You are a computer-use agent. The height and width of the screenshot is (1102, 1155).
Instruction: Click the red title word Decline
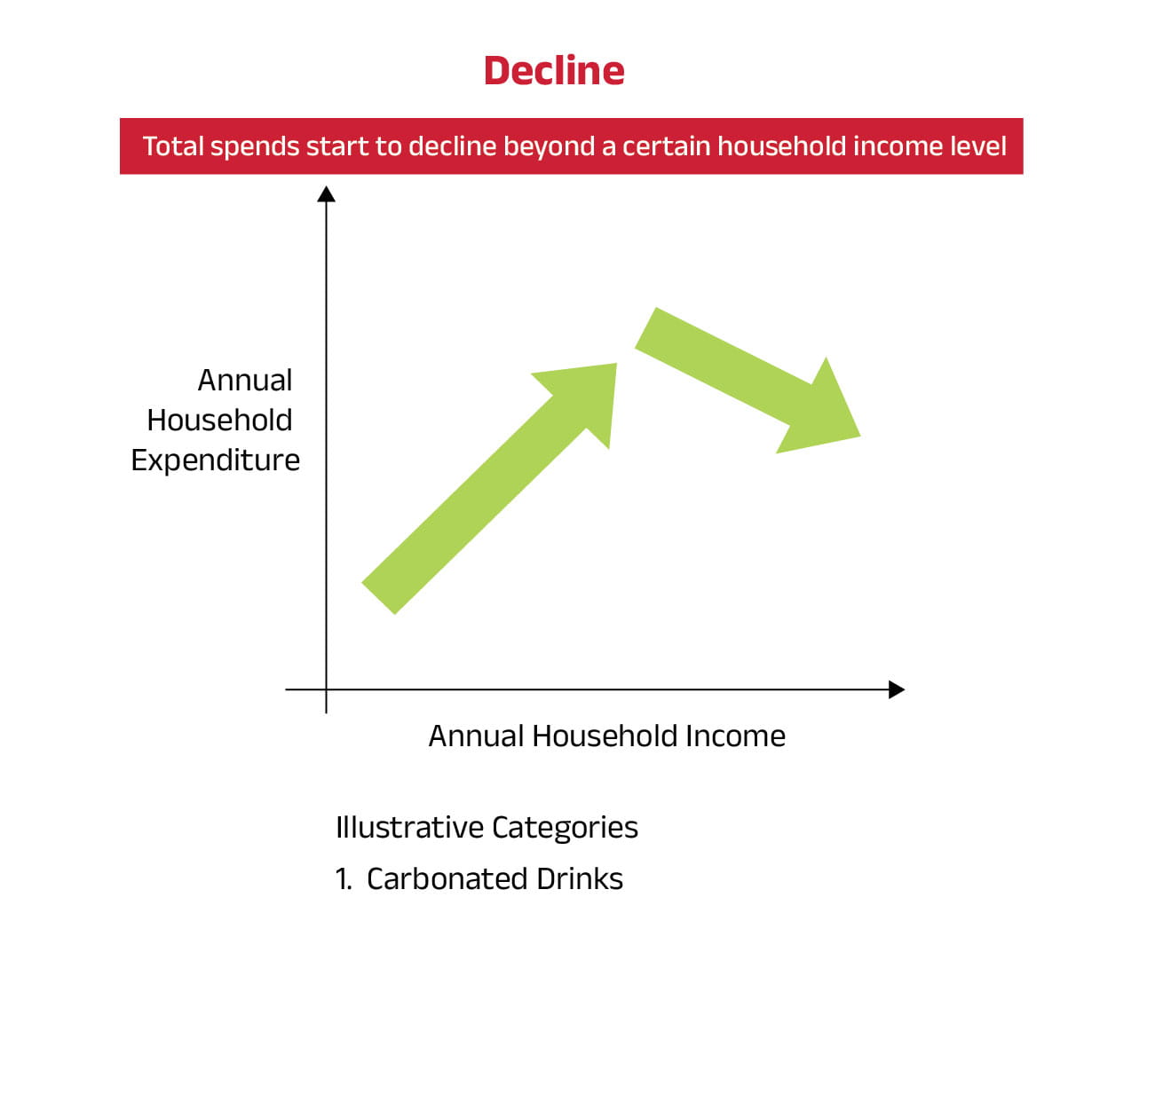click(554, 71)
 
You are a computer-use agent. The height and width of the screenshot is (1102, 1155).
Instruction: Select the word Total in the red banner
click(173, 146)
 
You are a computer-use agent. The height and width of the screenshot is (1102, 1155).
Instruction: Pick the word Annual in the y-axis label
click(245, 380)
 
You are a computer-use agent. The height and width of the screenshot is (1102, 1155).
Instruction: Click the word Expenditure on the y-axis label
click(216, 460)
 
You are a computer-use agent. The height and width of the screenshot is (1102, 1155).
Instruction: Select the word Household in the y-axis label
click(219, 420)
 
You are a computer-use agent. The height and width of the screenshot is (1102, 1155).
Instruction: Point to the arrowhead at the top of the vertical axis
click(326, 193)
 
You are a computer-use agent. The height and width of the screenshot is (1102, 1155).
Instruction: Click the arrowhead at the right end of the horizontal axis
click(897, 689)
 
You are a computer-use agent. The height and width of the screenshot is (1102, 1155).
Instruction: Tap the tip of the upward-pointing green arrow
click(617, 364)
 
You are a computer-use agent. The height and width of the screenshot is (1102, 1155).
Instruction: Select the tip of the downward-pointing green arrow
click(860, 436)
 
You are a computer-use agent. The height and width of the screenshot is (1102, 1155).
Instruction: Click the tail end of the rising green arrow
click(378, 598)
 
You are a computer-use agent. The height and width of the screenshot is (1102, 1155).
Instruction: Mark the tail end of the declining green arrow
click(645, 327)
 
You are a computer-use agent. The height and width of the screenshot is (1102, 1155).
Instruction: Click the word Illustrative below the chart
click(410, 827)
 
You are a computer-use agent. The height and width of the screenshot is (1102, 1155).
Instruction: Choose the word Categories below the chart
click(565, 828)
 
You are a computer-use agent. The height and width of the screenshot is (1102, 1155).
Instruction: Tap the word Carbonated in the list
click(447, 878)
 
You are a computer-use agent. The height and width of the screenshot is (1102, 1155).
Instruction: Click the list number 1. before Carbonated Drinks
click(343, 878)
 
